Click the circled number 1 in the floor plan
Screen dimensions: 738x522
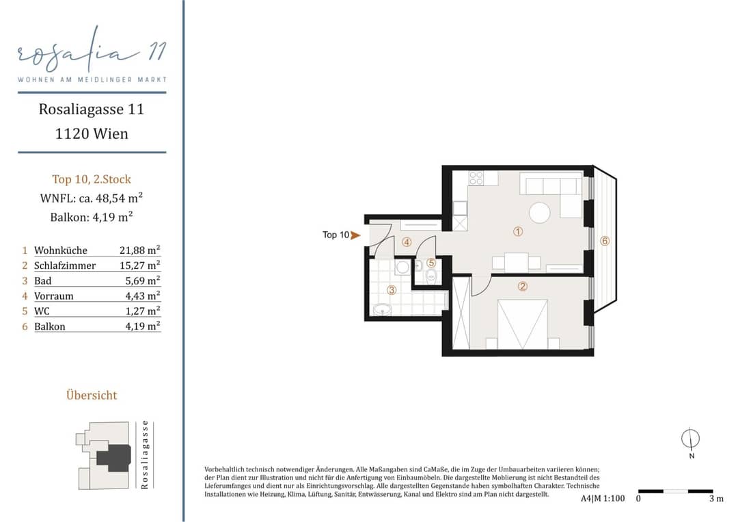518,231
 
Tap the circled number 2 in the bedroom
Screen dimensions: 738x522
523,287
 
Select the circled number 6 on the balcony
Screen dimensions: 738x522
605,241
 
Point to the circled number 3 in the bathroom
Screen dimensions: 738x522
392,290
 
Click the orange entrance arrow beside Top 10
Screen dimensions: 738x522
355,235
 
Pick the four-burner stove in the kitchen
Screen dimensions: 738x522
476,178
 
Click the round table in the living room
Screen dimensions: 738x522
539,213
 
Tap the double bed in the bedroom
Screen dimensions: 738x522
523,324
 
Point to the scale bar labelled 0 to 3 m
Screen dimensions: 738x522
675,491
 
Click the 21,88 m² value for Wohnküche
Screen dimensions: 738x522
140,250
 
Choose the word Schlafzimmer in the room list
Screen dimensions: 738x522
65,265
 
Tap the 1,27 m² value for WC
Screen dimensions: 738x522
143,311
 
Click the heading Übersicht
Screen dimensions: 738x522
92,395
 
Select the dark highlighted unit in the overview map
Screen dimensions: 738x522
114,458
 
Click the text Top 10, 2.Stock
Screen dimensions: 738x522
92,179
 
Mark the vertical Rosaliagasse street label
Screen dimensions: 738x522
144,455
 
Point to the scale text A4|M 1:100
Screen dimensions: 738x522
603,499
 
